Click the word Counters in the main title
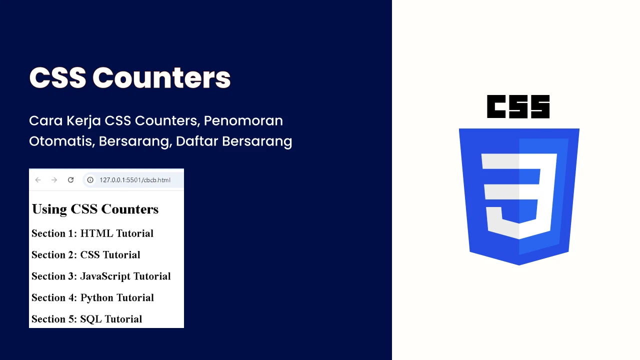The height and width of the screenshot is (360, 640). [x=161, y=77]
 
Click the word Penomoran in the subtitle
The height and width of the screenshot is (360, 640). [x=243, y=121]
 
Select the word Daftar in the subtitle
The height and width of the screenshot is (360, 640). [x=197, y=141]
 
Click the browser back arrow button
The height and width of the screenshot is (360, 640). [x=38, y=180]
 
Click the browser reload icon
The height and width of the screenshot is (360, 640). [x=70, y=179]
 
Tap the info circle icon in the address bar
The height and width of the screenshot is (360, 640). [x=90, y=180]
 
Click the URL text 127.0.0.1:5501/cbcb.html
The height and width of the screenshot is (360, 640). [x=135, y=180]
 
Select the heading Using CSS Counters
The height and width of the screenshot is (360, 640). [x=95, y=209]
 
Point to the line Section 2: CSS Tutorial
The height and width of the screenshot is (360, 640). [x=85, y=255]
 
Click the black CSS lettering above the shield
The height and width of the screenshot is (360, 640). [x=518, y=106]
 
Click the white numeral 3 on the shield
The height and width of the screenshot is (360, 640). [x=519, y=196]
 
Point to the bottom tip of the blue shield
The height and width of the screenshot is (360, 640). [x=519, y=265]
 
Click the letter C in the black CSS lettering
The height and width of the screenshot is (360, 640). [x=496, y=106]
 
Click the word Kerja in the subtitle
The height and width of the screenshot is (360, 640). [x=83, y=121]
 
